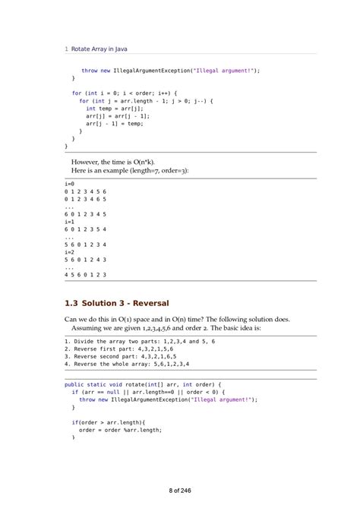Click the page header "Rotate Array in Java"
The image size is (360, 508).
click(99, 49)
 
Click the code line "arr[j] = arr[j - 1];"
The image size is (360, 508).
click(118, 116)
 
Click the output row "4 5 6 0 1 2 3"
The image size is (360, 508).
click(85, 275)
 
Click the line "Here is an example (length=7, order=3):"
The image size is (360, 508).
click(130, 171)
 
